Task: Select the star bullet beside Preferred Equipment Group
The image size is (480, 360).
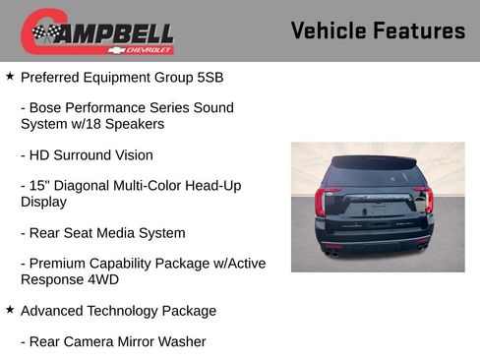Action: coord(10,75)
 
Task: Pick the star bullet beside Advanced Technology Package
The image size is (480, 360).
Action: coord(10,310)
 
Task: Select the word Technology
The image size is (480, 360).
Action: coord(134,311)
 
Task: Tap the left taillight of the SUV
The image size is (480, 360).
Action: coord(321,201)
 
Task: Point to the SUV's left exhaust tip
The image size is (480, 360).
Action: coord(332,254)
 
